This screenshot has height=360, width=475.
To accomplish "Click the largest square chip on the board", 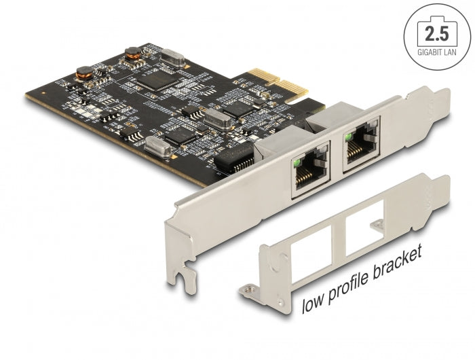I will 156,80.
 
